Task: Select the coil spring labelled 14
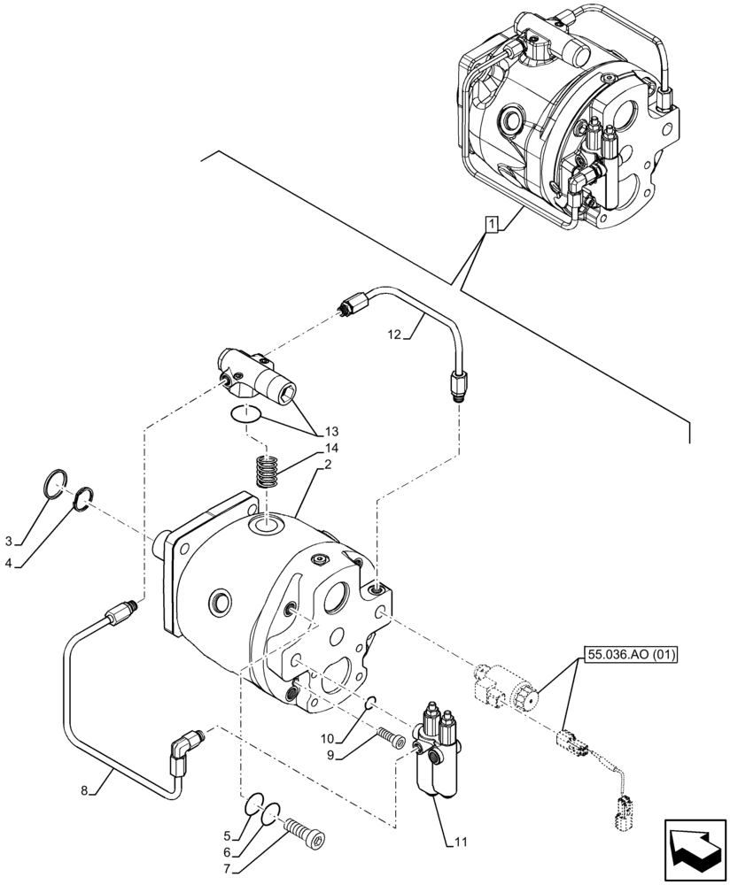click(267, 469)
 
